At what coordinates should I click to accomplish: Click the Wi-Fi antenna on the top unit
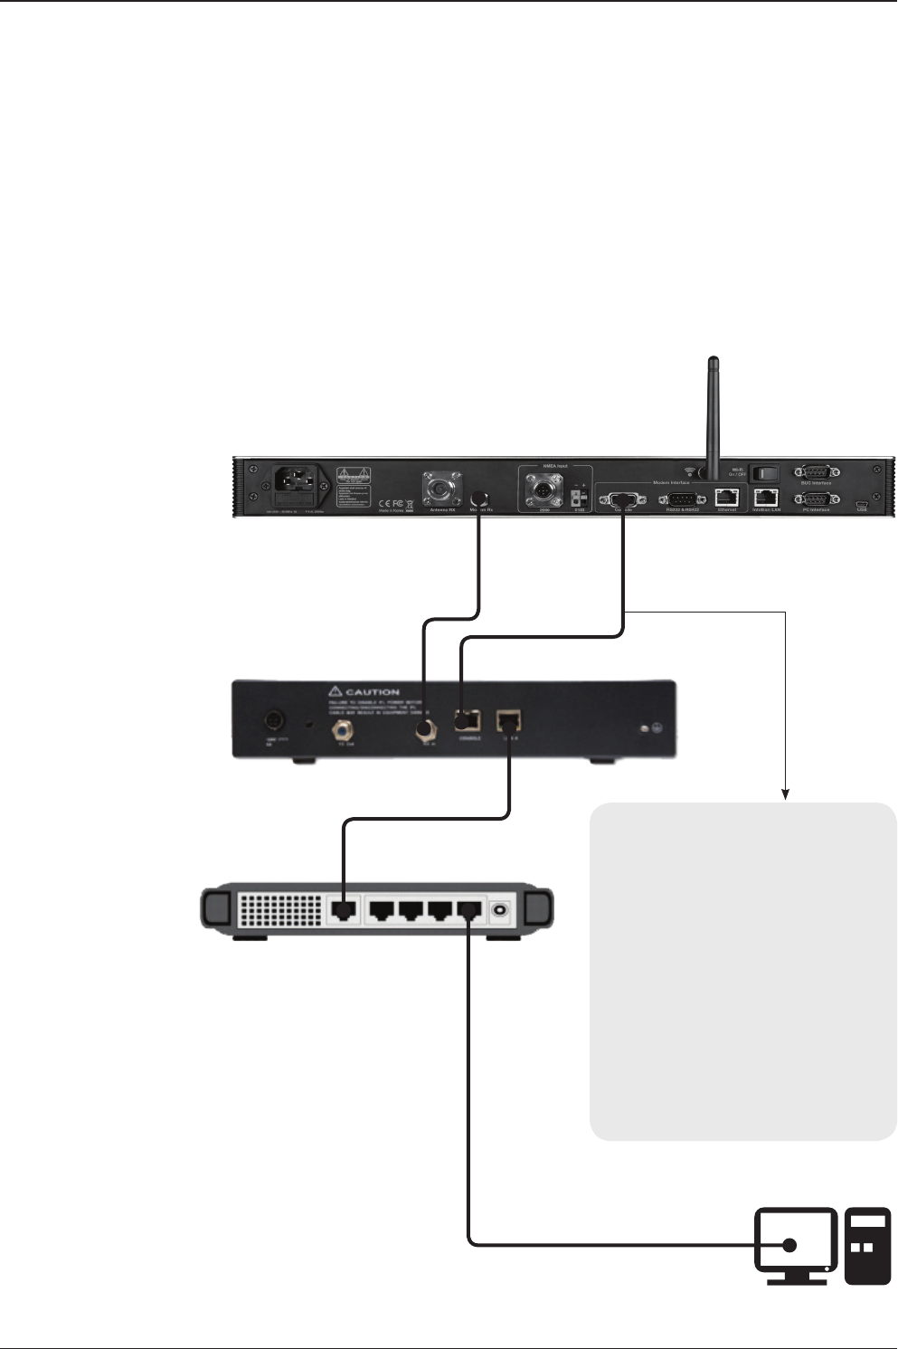pyautogui.click(x=713, y=416)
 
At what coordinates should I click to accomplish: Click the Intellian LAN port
pyautogui.click(x=766, y=497)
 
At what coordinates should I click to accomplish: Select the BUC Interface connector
pyautogui.click(x=816, y=472)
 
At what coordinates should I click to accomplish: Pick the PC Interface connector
pyautogui.click(x=816, y=499)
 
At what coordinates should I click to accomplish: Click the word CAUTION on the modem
pyautogui.click(x=372, y=692)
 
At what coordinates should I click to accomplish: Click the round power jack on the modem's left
pyautogui.click(x=271, y=722)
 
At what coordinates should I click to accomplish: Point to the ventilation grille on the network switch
pyautogui.click(x=280, y=908)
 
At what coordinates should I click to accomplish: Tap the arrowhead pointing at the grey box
pyautogui.click(x=787, y=795)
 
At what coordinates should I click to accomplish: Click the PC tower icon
pyautogui.click(x=866, y=1245)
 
